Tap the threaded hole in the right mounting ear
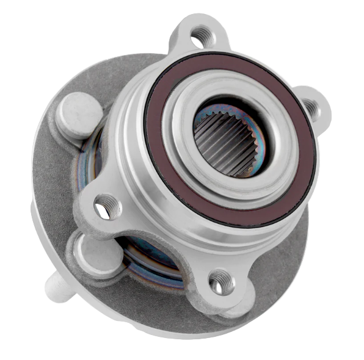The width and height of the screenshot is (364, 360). (x=311, y=109)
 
